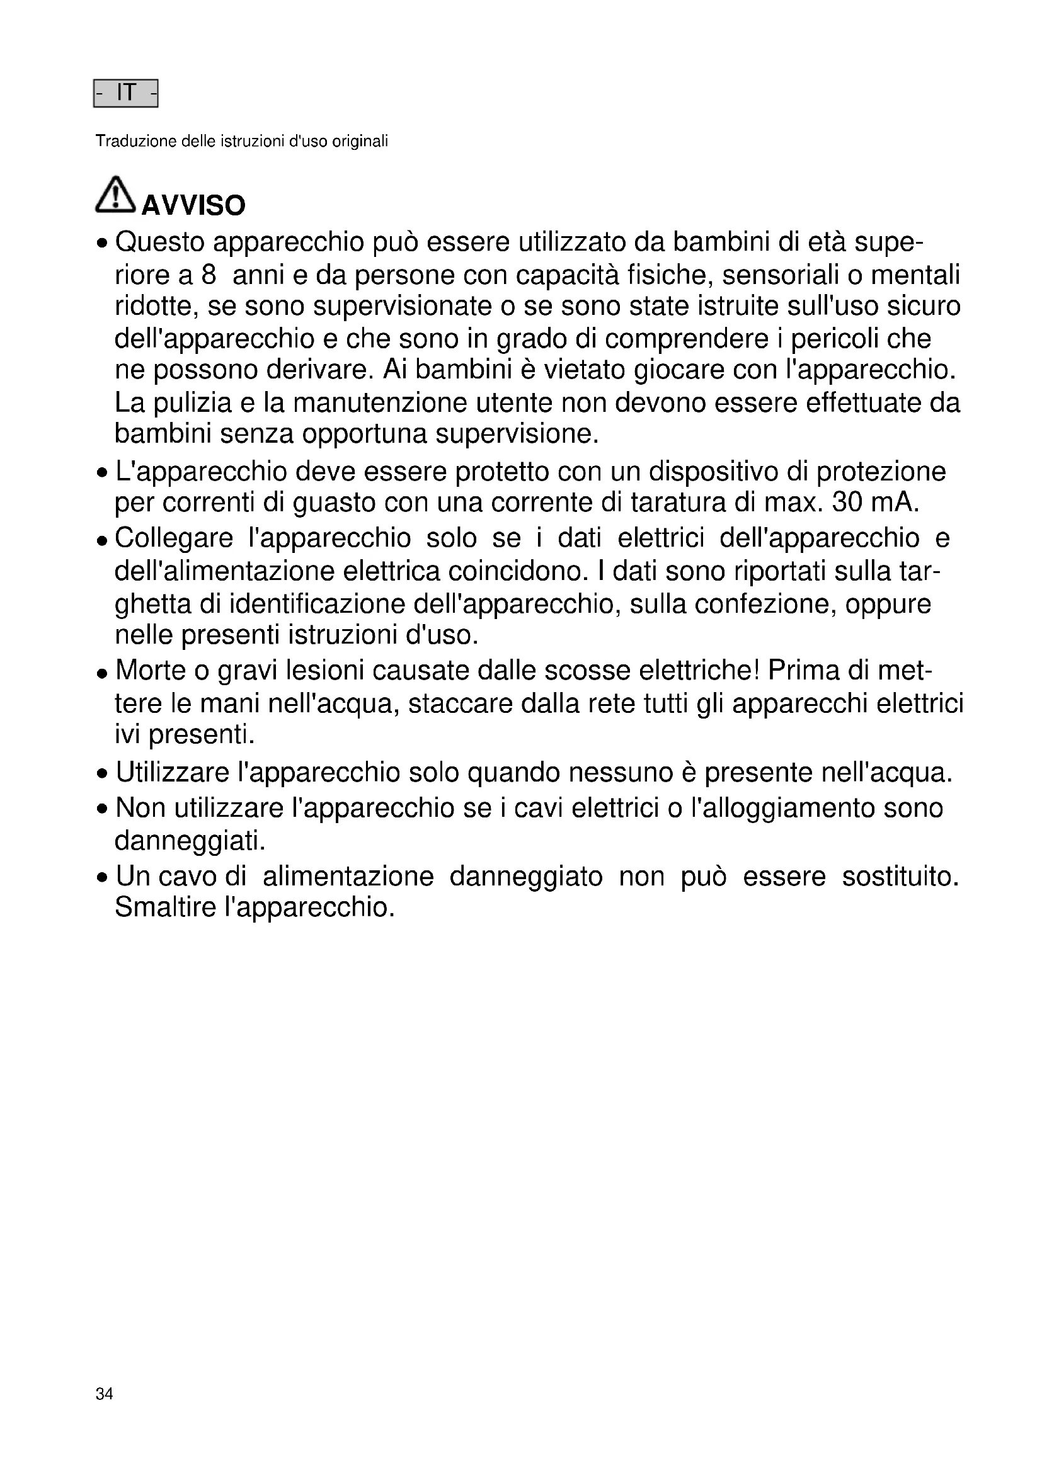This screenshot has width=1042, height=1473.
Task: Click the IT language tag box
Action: pos(126,94)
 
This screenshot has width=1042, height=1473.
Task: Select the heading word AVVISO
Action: pos(193,206)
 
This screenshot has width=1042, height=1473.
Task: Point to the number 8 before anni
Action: pos(209,275)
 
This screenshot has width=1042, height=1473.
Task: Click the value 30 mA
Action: pos(875,503)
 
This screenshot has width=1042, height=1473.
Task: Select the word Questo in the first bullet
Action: pos(160,242)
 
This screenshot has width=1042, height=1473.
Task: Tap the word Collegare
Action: pos(174,538)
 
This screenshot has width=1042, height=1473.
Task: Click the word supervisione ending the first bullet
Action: pos(517,435)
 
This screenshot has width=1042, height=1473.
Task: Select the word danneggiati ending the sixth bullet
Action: pos(189,841)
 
